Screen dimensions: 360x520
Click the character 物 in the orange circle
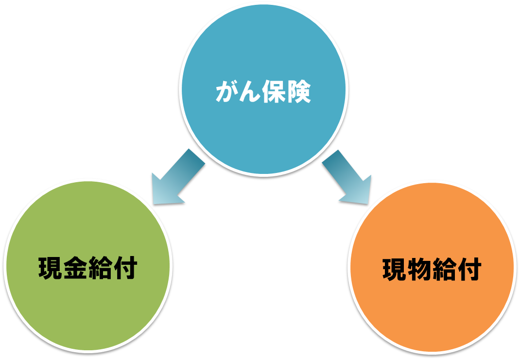[419, 269]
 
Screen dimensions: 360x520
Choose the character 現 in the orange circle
[395, 269]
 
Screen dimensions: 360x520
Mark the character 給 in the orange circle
[444, 269]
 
